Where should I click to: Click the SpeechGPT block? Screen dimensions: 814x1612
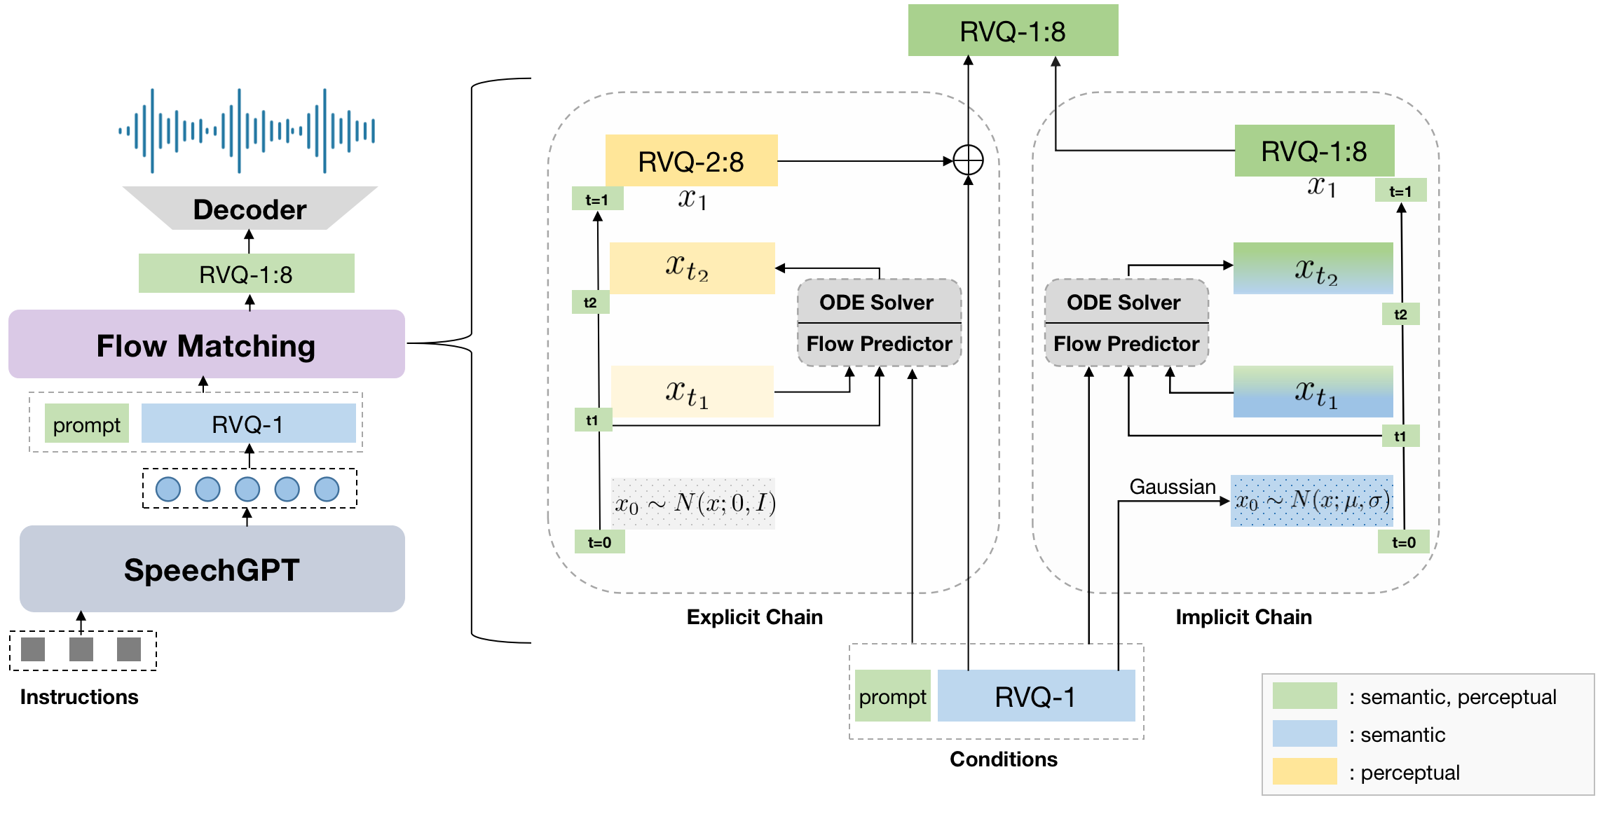tap(212, 569)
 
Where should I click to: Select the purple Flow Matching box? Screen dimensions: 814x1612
tap(206, 345)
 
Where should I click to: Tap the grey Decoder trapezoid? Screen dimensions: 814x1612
tap(250, 209)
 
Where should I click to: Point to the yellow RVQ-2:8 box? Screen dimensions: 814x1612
tap(691, 161)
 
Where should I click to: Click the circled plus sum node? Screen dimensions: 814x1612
tap(968, 160)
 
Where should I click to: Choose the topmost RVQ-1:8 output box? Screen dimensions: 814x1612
tap(1013, 31)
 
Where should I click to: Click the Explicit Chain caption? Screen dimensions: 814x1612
tap(754, 617)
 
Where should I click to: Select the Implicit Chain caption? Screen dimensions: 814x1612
tap(1243, 617)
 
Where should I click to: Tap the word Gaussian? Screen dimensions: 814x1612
tap(1172, 487)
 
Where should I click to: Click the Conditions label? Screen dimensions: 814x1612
tap(1003, 759)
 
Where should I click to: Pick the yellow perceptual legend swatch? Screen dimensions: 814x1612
tap(1304, 771)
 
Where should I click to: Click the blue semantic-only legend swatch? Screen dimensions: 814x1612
tap(1304, 733)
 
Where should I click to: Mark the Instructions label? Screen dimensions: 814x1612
tap(79, 697)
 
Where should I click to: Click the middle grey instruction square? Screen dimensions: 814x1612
tap(81, 649)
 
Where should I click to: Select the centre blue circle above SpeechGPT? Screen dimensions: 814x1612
tap(247, 489)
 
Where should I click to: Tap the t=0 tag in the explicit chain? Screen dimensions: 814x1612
tap(599, 542)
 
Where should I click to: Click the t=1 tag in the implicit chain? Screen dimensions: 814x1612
tap(1400, 191)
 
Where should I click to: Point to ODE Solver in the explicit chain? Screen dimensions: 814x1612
tap(876, 303)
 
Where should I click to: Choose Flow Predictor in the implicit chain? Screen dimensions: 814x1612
tap(1126, 344)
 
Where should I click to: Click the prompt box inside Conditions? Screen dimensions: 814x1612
tap(892, 696)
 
